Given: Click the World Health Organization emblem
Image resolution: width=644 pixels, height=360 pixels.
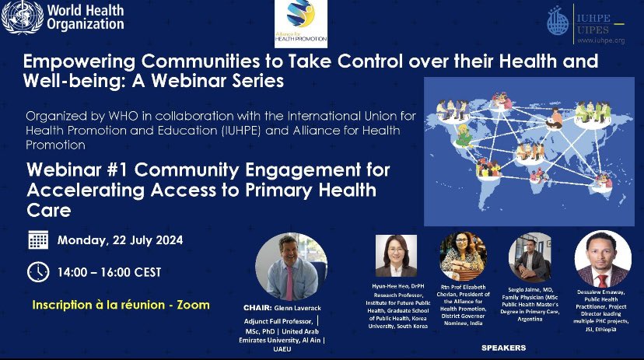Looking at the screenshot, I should (22, 18).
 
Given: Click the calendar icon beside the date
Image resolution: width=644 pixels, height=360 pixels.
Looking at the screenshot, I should (37, 240).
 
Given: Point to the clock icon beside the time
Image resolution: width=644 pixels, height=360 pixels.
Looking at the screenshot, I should (37, 271).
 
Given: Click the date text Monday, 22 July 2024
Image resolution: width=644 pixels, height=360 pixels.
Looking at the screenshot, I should (120, 240).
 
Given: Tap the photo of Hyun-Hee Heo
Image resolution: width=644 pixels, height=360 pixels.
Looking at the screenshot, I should (397, 257).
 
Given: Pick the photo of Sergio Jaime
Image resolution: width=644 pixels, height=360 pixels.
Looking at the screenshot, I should (530, 258).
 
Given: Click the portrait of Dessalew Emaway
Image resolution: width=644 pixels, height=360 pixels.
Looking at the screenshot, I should (602, 260).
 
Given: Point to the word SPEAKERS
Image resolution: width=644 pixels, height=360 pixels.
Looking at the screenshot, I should (504, 346).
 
